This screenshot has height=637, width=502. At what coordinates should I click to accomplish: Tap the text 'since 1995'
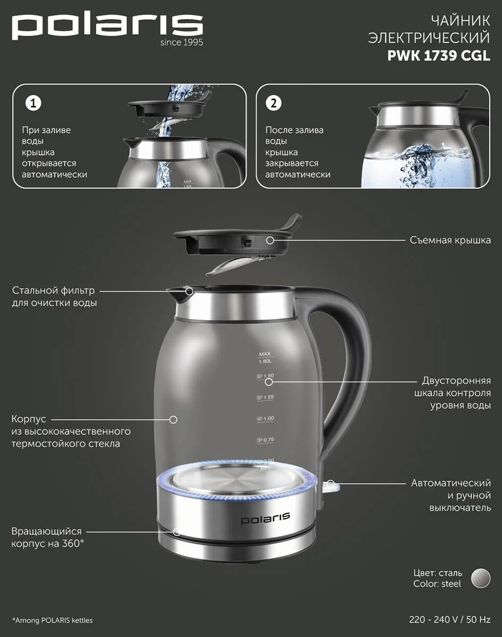pos(182,42)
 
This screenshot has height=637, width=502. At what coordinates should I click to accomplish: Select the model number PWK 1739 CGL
pos(439,56)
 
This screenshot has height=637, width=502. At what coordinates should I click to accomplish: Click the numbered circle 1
pos(33,104)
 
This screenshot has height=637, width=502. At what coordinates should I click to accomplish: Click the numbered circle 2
pos(273,104)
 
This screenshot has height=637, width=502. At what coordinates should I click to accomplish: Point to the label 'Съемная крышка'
pos(450,240)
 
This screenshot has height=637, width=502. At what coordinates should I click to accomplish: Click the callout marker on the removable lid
pos(270,240)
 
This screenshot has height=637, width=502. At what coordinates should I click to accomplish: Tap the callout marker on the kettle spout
pos(189,291)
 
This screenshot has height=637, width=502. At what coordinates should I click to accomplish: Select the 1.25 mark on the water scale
pos(266,397)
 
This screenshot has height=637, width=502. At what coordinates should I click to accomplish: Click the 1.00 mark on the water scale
pos(266,418)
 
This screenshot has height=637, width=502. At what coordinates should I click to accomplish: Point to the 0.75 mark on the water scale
pos(266,440)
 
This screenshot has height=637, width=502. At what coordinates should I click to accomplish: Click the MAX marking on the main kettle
pos(265,354)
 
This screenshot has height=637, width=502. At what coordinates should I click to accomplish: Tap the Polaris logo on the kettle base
pos(265,519)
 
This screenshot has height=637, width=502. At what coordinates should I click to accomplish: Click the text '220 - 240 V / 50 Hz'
pos(450,619)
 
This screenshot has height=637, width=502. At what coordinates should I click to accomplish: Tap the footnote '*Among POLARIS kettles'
pos(53,620)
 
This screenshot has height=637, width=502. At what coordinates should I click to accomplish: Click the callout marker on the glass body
pos(173,419)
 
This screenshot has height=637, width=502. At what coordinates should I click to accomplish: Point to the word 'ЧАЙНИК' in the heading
pos(461,21)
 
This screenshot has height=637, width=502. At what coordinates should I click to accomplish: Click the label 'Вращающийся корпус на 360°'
pos(47,537)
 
